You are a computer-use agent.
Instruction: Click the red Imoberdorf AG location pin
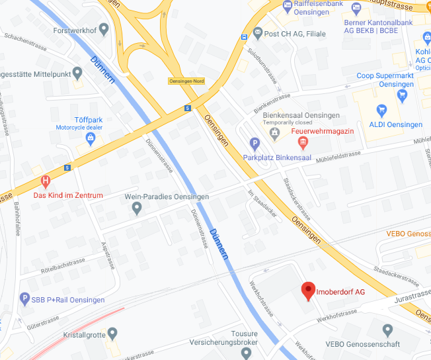coord(307,291)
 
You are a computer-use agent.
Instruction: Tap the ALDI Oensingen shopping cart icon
coord(381,109)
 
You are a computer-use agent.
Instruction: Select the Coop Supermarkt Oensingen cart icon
coord(403,94)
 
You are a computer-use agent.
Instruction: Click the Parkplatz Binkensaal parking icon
coord(255,143)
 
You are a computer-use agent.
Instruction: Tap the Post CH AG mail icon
coord(256,33)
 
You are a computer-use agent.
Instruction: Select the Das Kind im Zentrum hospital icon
coord(46,180)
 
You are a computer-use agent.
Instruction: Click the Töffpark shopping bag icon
coord(91,138)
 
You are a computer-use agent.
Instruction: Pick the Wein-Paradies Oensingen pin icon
coord(137,208)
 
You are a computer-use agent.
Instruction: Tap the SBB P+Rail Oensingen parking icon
coord(24,299)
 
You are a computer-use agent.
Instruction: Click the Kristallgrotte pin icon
coord(112,333)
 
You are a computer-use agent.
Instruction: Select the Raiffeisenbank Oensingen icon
coord(287,8)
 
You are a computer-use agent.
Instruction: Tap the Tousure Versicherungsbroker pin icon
coord(246,353)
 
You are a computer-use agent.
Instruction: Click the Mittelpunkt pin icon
coord(77,72)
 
